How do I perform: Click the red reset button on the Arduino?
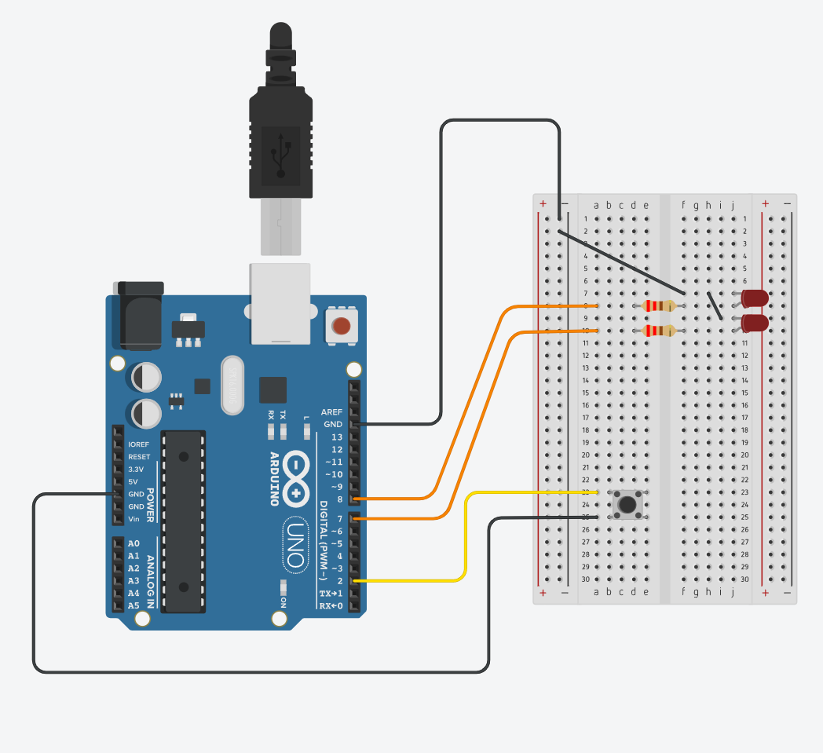pos(341,325)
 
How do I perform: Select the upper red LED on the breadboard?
pos(754,298)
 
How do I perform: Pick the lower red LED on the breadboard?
pos(754,323)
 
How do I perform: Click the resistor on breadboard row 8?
pos(658,305)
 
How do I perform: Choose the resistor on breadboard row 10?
pos(658,331)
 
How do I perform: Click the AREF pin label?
pos(332,412)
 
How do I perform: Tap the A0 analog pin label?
pos(134,543)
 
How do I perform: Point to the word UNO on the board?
pos(294,543)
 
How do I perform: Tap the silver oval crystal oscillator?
pos(234,385)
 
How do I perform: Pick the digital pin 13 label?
pos(336,437)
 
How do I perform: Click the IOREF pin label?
pos(139,444)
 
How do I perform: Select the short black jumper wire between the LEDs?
pos(715,306)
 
